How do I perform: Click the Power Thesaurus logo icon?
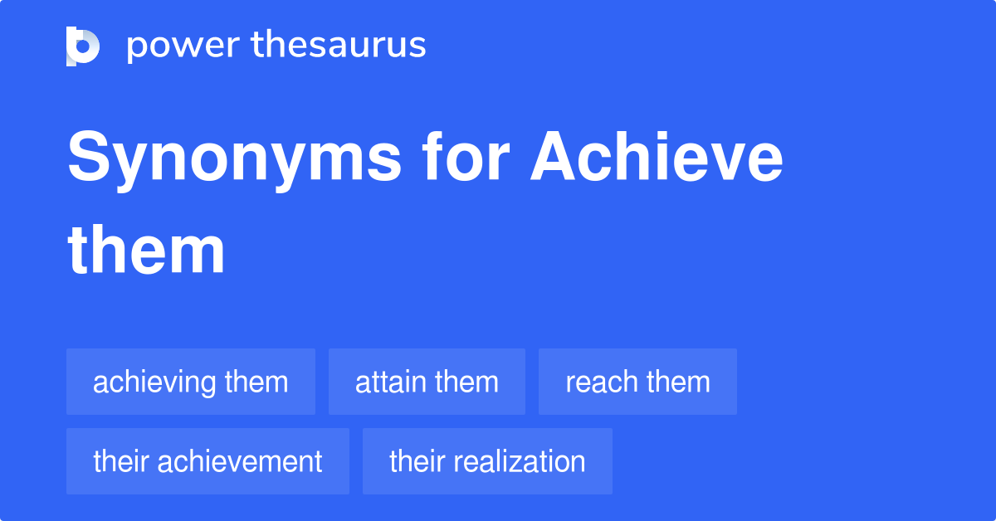[x=82, y=46]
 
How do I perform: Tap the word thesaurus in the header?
[x=339, y=46]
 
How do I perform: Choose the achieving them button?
[x=191, y=382]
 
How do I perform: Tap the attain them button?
[x=427, y=382]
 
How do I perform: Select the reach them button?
[x=637, y=382]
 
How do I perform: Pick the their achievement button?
[x=207, y=461]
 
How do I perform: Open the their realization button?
[x=487, y=461]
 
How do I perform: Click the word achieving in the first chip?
[x=154, y=382]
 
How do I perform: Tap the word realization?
[x=522, y=461]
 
